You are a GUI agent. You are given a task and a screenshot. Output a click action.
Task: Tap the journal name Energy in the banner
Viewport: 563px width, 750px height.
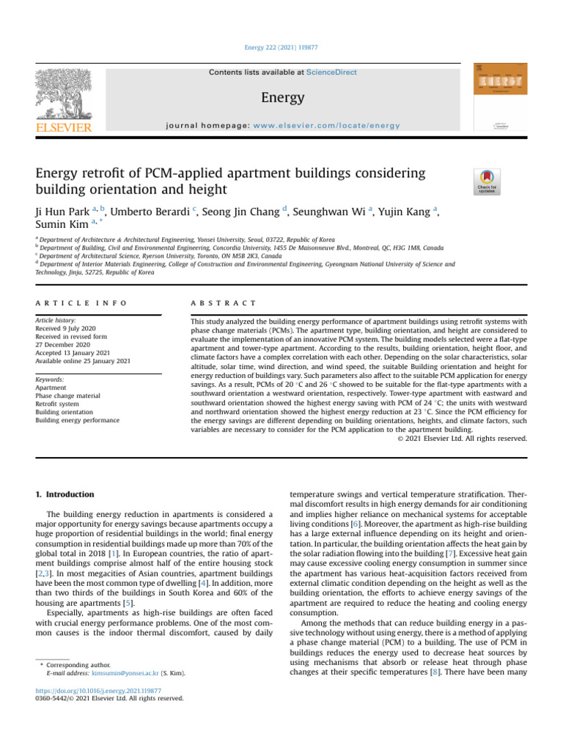[281, 97]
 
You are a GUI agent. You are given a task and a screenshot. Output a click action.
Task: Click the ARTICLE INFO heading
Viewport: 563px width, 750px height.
[81, 302]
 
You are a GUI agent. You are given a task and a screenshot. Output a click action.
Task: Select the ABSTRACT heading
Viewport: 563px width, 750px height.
[223, 302]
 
